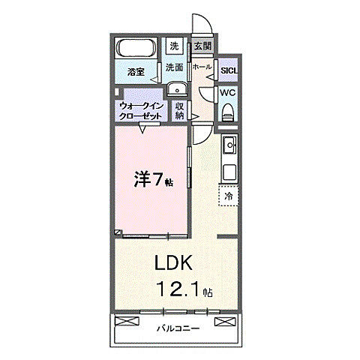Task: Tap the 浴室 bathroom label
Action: click(136, 73)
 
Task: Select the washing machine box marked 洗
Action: click(174, 46)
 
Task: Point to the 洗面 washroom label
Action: click(174, 67)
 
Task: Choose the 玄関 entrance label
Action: click(202, 46)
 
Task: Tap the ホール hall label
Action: click(201, 67)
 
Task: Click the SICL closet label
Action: click(229, 71)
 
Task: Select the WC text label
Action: click(228, 93)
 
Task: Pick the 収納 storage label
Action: click(181, 111)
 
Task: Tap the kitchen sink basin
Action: click(229, 144)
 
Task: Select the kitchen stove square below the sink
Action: click(228, 170)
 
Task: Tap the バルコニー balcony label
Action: click(178, 328)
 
